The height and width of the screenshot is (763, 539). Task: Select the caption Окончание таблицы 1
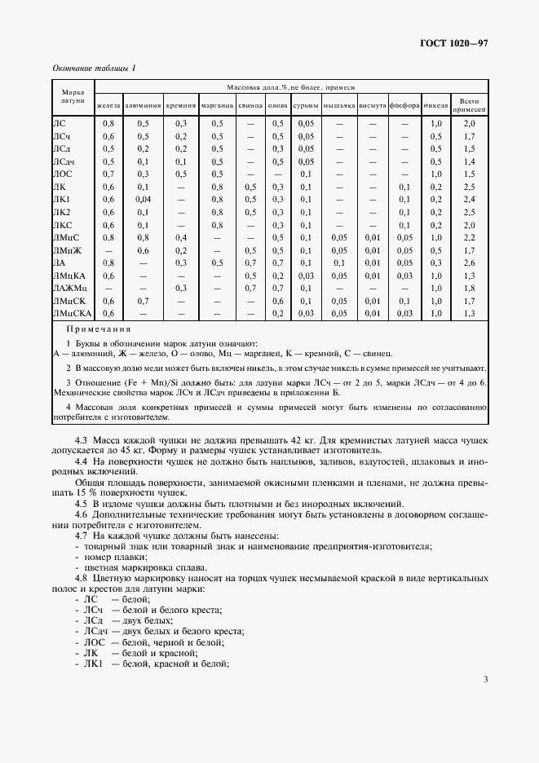coord(94,68)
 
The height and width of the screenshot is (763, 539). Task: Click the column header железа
coord(108,106)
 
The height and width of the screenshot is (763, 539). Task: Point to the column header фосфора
coord(404,106)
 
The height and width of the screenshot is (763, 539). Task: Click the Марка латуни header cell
coord(73,98)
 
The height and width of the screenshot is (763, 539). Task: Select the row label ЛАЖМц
coord(69,288)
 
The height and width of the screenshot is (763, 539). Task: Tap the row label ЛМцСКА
coord(73,313)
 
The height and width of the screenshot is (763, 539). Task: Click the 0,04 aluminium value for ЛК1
coord(144,199)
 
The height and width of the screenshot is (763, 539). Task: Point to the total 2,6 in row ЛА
coord(469,262)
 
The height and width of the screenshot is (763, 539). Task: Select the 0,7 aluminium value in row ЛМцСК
coord(144,301)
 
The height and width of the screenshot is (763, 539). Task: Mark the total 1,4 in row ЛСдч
coord(469,161)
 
